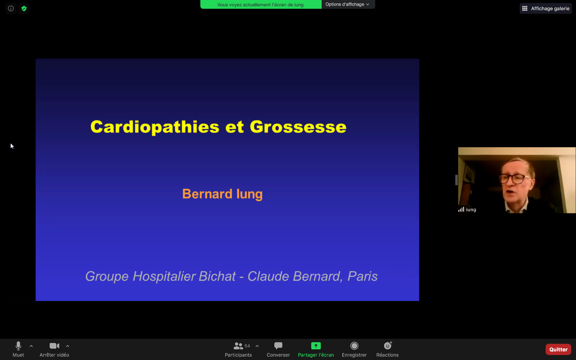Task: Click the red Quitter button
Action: tap(558, 349)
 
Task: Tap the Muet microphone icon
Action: tap(18, 346)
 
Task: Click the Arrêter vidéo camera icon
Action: tap(54, 346)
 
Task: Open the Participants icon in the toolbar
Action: tap(238, 346)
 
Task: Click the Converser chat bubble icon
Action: tap(278, 346)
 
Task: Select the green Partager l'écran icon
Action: tap(316, 346)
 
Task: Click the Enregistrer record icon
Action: tap(354, 346)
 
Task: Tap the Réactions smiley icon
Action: tap(388, 345)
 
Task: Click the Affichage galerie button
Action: tap(546, 8)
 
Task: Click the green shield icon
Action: tap(24, 8)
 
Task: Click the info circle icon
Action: tap(11, 8)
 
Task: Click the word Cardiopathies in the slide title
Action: tap(155, 127)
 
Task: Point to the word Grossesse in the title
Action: tap(298, 127)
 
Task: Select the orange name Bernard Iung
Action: tap(222, 194)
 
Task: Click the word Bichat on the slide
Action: tap(217, 276)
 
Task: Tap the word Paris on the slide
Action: tap(363, 276)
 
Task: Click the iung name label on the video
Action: tap(471, 210)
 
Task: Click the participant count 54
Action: tap(247, 346)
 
